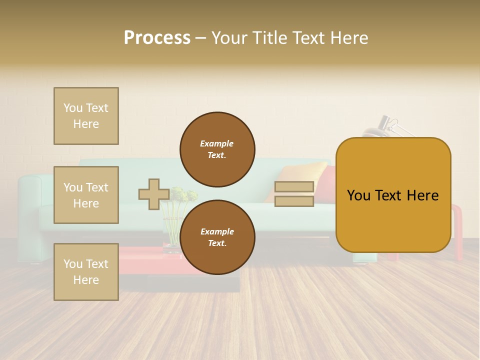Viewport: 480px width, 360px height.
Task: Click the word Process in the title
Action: (x=156, y=38)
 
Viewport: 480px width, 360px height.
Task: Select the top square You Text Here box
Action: (x=86, y=116)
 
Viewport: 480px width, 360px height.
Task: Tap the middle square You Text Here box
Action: (x=86, y=195)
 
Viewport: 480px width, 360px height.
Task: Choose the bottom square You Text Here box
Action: (x=86, y=272)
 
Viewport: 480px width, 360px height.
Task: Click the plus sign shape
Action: (x=153, y=194)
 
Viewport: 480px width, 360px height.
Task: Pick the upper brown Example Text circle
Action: (x=217, y=149)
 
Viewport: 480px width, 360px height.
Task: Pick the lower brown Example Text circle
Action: (x=217, y=237)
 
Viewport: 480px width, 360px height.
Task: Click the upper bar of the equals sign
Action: (x=294, y=187)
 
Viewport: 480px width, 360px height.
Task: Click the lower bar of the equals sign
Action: (x=294, y=201)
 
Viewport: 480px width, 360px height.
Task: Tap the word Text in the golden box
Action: (x=393, y=195)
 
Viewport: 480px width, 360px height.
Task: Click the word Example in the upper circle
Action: (x=217, y=143)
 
